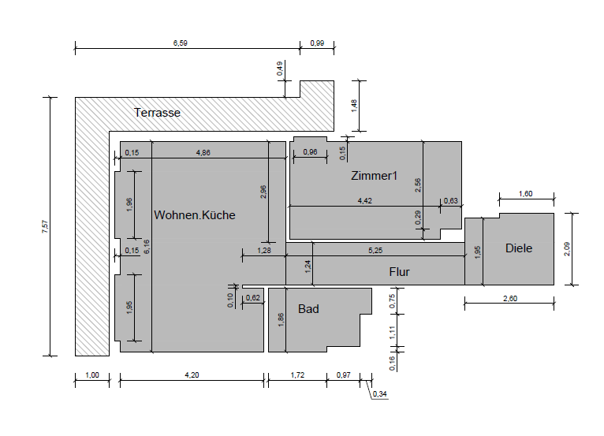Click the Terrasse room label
pos(157,113)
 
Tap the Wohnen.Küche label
pos(195,215)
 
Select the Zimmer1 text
pos(374,176)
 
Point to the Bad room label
pos(308,309)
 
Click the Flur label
pos(400,272)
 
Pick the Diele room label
pos(519,248)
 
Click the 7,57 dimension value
pos(46,226)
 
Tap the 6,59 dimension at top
pos(181,43)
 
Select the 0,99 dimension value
pos(317,43)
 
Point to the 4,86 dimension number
pos(203,152)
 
